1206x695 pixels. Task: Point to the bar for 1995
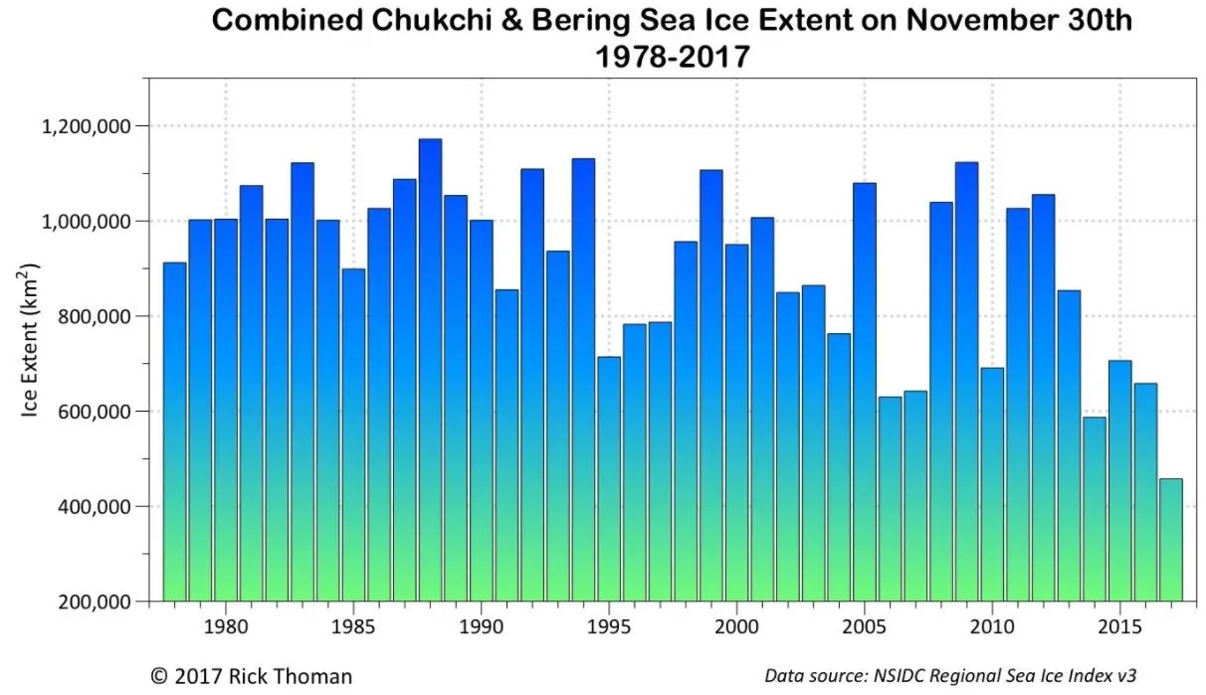(x=609, y=478)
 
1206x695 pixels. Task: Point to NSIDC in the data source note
(x=906, y=676)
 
